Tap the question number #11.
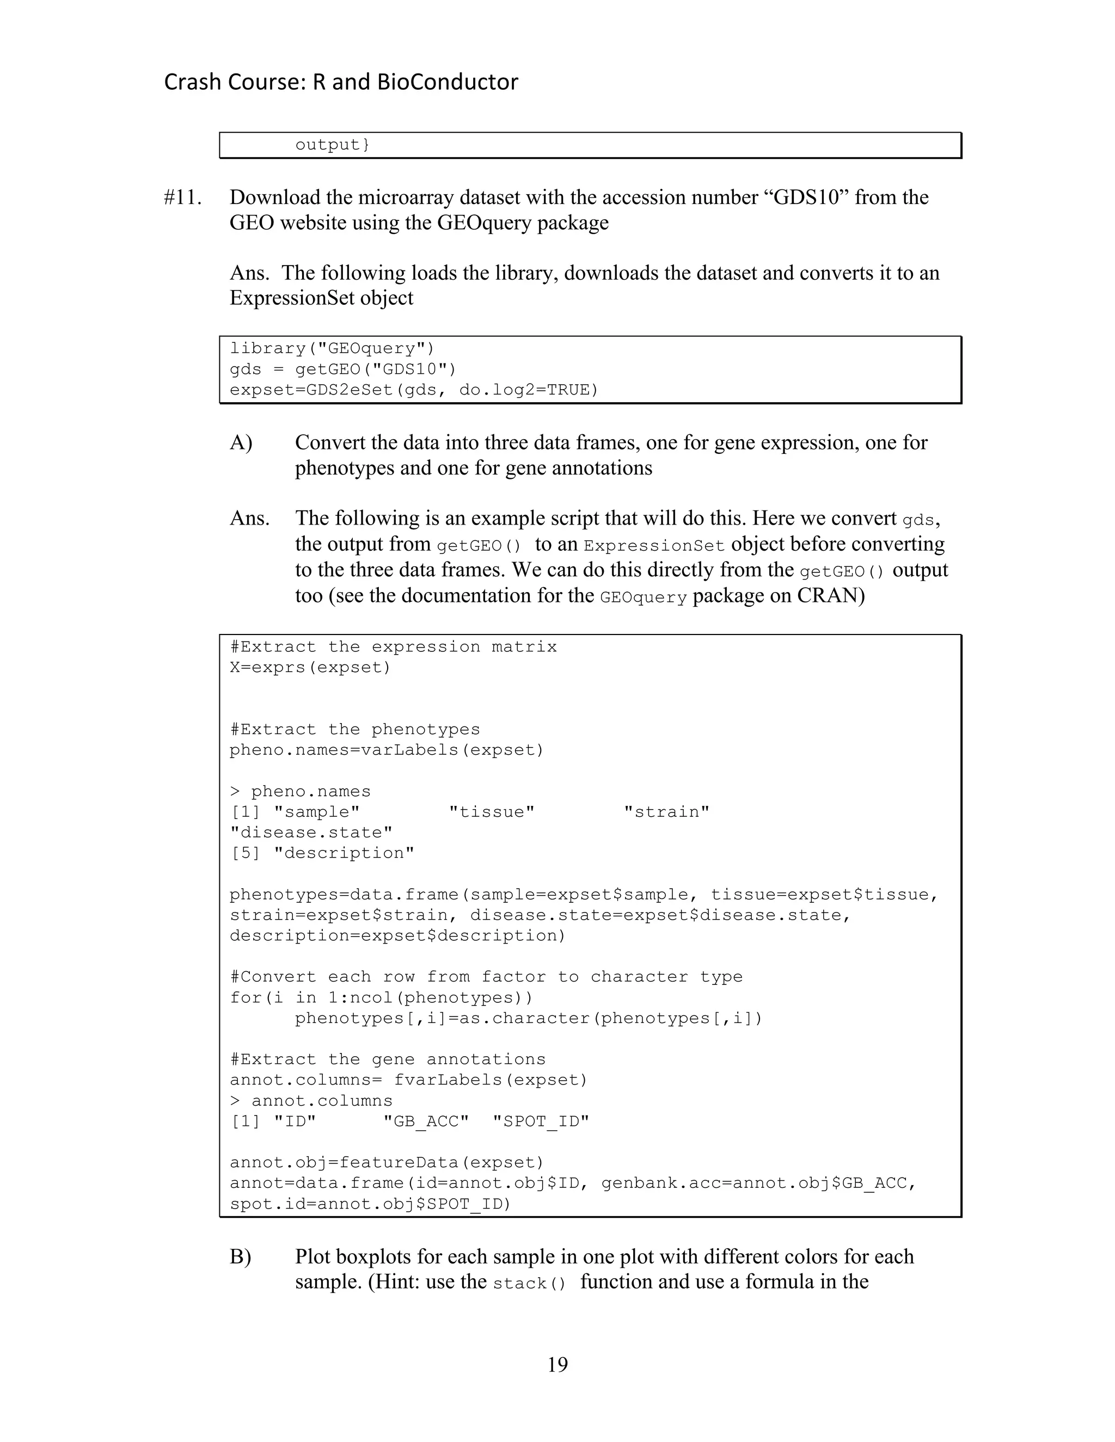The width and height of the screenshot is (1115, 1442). tap(182, 198)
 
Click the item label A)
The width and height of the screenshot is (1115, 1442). tap(241, 443)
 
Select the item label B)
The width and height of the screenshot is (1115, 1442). tap(241, 1256)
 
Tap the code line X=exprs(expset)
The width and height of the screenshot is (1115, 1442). tap(310, 668)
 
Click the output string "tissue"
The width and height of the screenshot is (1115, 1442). tap(492, 812)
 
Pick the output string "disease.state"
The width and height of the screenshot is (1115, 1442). tap(311, 833)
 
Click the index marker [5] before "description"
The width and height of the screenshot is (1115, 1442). tap(246, 853)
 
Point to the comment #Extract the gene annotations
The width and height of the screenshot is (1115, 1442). tap(388, 1059)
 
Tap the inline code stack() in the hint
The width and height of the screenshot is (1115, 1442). tap(530, 1284)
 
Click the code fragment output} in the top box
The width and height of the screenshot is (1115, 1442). tap(332, 145)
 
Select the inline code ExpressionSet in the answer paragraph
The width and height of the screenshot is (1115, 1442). tap(654, 546)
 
